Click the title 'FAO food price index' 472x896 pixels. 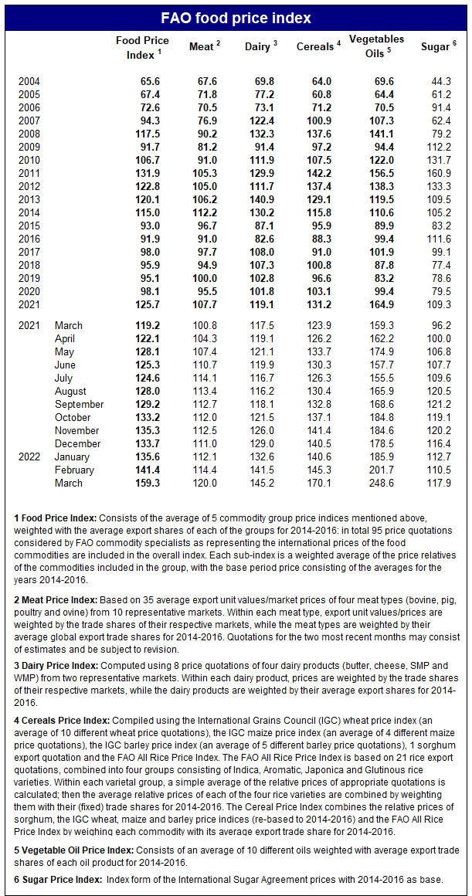pos(236,18)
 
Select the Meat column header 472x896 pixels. pos(204,47)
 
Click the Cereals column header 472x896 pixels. pos(317,47)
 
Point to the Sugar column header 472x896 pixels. pos(438,47)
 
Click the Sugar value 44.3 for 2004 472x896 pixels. pos(440,81)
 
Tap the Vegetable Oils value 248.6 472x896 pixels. pos(376,483)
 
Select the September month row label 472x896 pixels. pos(79,404)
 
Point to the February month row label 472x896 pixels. pos(74,470)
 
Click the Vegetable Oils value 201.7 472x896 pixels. pos(376,470)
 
